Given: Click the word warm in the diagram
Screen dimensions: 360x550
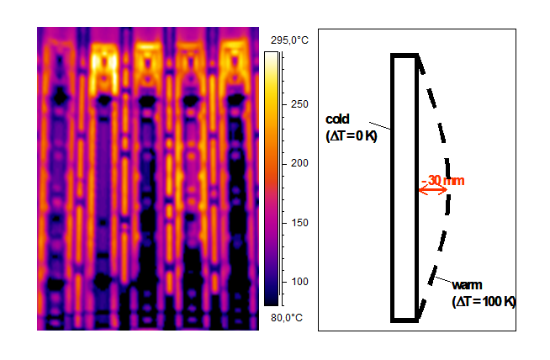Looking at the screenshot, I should pos(466,286).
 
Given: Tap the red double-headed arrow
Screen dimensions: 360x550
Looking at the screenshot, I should pos(433,191).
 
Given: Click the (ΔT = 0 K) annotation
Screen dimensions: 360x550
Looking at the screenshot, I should pos(351,135).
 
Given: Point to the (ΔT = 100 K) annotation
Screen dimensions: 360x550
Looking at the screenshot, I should pos(481,300).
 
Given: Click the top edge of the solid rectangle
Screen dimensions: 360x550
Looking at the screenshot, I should pos(404,56).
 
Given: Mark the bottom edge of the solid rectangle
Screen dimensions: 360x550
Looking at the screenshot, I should pos(404,320).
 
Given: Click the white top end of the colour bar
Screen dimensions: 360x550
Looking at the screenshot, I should pos(271,56).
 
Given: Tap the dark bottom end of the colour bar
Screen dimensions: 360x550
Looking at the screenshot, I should pos(271,299).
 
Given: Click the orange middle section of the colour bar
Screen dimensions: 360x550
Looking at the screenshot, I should pos(271,156).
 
